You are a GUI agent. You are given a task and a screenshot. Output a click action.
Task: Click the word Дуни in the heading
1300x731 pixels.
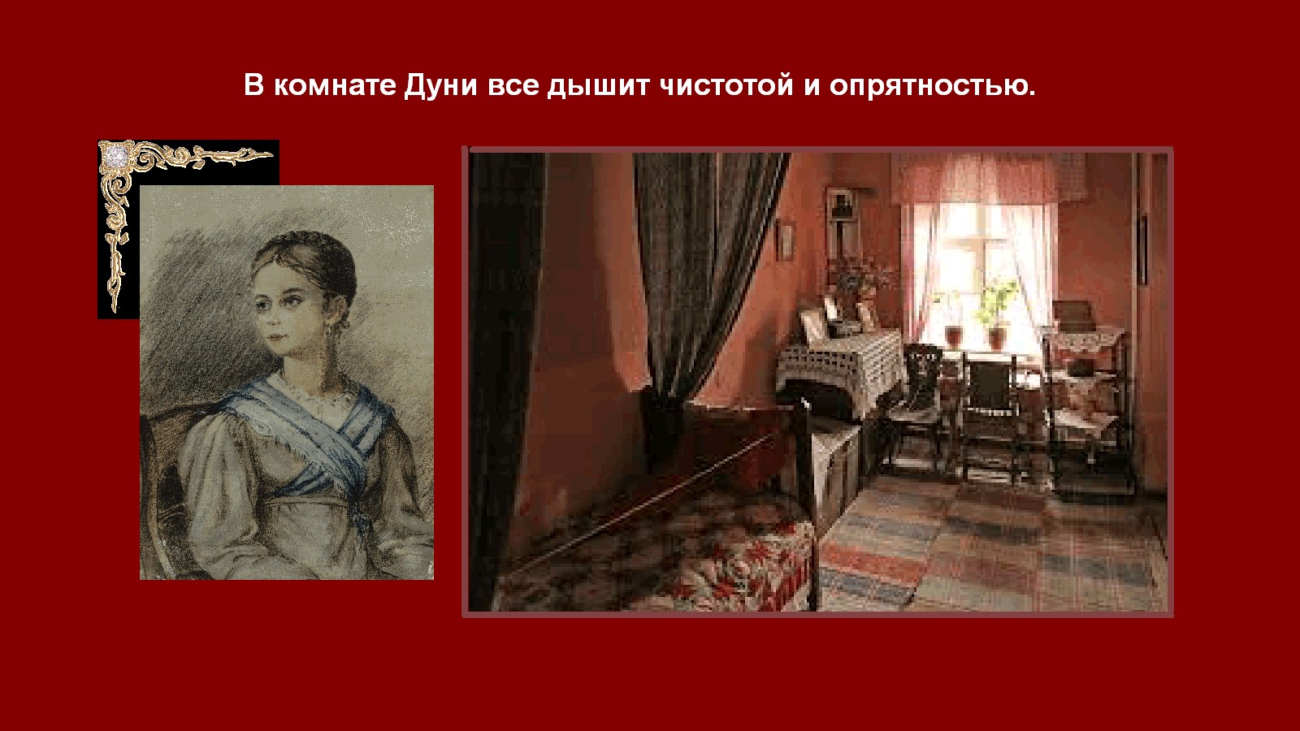[440, 86]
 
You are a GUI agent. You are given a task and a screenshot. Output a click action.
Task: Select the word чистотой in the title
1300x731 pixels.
[726, 85]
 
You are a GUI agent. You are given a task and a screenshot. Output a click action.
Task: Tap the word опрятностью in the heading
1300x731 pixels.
[932, 86]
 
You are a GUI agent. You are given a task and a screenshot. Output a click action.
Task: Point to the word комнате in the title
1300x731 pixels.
[335, 85]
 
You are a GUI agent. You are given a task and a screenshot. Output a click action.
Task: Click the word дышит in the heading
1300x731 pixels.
[598, 86]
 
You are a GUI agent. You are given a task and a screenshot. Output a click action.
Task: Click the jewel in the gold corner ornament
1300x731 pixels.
[114, 155]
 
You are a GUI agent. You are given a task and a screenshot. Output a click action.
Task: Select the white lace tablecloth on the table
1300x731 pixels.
[838, 365]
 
